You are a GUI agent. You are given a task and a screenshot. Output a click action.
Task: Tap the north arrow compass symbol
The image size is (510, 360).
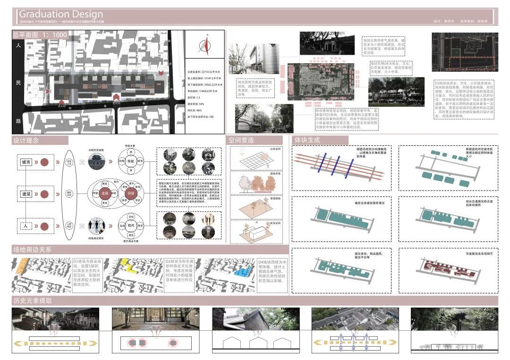205,45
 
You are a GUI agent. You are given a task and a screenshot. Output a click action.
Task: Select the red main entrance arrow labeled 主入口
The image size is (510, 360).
115,97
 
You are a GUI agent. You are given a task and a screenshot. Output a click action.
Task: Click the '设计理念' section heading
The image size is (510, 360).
26,140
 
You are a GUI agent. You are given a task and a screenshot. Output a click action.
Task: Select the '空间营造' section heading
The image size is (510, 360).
241,140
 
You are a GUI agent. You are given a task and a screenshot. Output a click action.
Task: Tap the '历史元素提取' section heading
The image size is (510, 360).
32,301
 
